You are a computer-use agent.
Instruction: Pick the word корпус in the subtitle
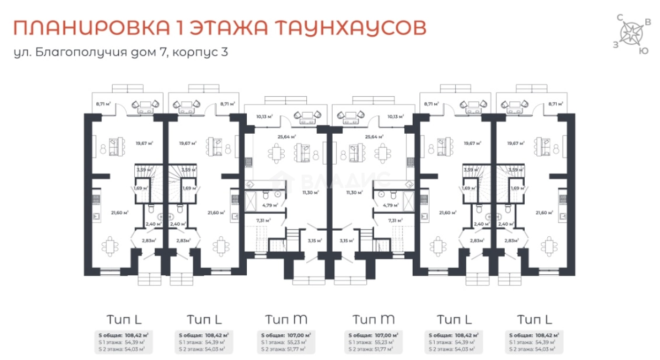click(x=194, y=53)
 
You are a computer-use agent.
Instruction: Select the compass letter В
click(x=648, y=22)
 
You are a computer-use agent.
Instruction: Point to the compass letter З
click(x=615, y=45)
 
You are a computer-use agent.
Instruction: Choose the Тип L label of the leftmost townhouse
click(x=124, y=319)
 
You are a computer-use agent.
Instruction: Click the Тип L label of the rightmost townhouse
click(x=534, y=319)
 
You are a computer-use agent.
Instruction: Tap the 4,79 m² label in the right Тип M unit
click(x=390, y=205)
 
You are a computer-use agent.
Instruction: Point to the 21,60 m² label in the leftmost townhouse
click(x=120, y=213)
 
